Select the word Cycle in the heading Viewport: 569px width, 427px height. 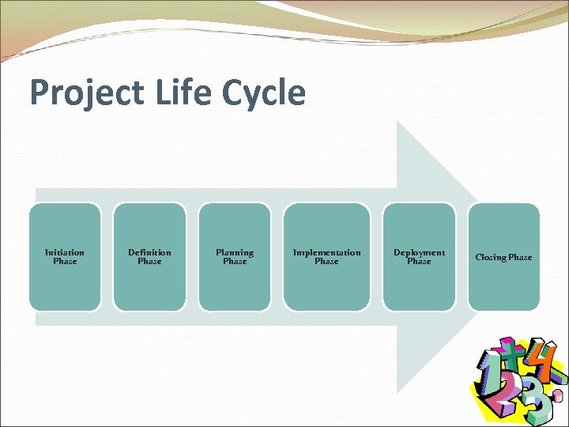pos(264,93)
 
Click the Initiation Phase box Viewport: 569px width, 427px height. pos(65,257)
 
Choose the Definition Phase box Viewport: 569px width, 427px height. pos(149,257)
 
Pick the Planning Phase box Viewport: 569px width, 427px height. pos(235,257)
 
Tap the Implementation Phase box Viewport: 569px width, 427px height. pos(326,257)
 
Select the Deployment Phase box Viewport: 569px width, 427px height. pos(419,257)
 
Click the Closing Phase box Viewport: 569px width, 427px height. pos(503,257)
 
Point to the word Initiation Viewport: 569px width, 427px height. pos(65,252)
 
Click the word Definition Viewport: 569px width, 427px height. pos(149,252)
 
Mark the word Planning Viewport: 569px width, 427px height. pos(235,252)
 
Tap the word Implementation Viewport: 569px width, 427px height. pos(326,252)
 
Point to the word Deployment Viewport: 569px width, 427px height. pos(419,252)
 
